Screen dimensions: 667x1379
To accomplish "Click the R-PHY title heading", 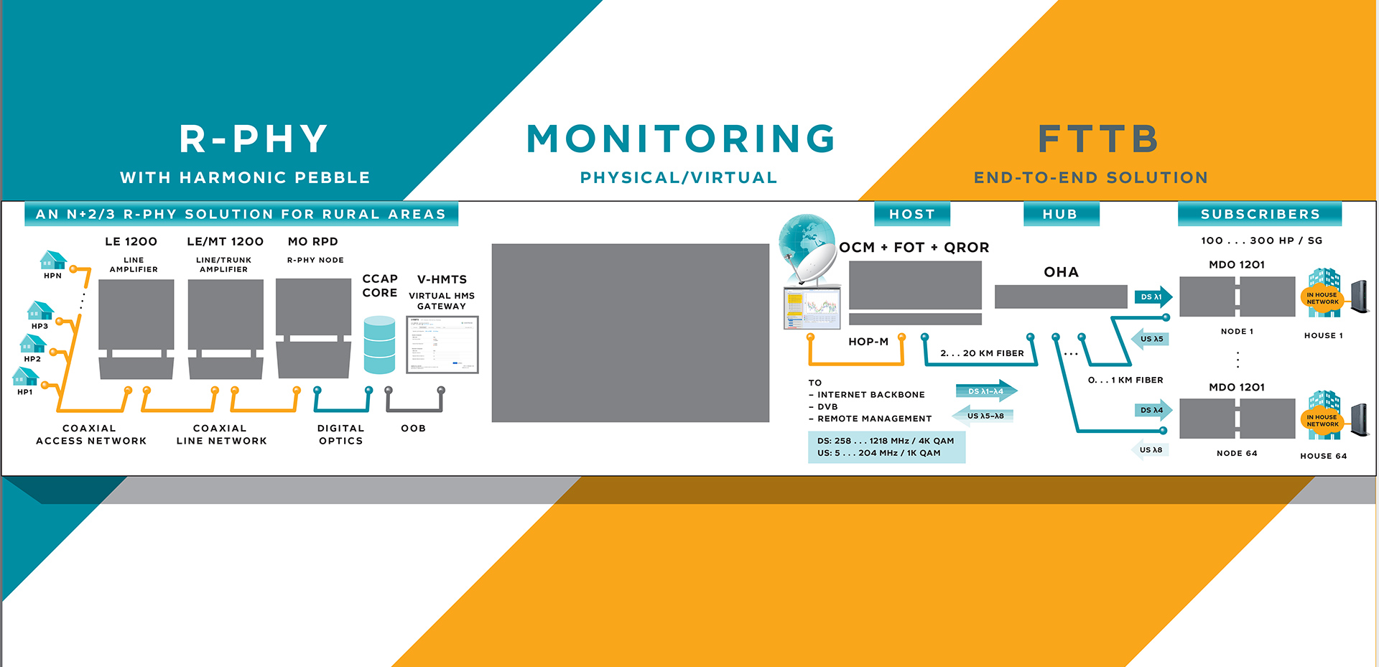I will pos(254,139).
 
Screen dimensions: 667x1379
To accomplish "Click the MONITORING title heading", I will pos(680,139).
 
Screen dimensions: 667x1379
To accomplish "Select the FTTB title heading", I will pos(1098,139).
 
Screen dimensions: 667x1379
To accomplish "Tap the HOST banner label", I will pos(912,214).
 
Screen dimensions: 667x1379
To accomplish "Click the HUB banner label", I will pos(1060,214).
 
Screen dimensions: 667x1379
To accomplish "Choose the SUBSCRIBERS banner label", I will pos(1260,214).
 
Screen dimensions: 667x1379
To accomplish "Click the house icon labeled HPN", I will pos(53,259).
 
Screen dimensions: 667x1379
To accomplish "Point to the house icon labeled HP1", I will pos(25,376).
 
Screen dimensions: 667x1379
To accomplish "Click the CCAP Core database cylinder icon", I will pos(379,345).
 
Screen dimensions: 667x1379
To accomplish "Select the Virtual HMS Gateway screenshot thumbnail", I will pos(442,344).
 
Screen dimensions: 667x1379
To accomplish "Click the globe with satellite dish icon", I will pos(808,248).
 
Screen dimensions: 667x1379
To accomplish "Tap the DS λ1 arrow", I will pos(1155,297).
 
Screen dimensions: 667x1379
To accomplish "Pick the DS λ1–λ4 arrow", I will pos(986,391).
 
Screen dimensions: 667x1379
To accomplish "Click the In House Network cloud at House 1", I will pos(1322,298).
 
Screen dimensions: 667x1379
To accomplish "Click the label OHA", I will pos(1061,272).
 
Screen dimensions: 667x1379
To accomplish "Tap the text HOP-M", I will pos(868,342).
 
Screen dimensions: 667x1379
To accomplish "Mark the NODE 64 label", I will pos(1237,453).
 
